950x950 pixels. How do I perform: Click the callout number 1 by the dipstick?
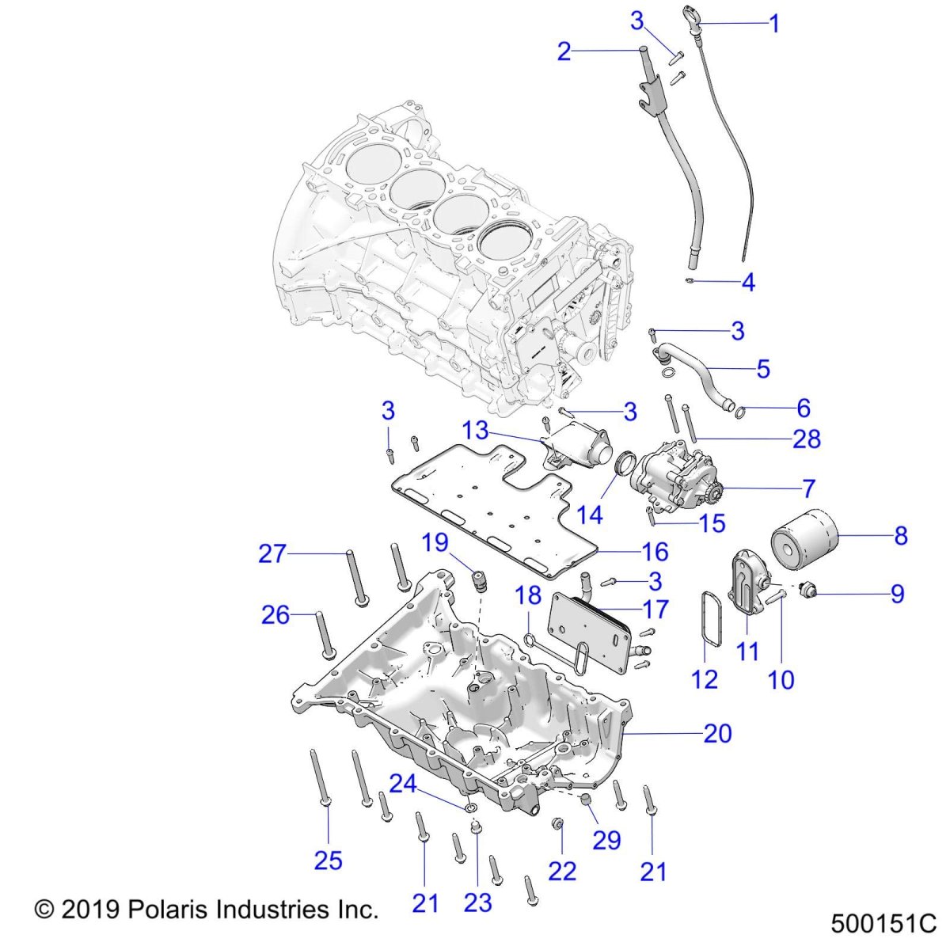tap(774, 24)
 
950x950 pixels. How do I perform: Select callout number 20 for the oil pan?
tap(717, 734)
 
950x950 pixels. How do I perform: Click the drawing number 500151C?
tap(883, 924)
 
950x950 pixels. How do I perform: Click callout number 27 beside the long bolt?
tap(272, 553)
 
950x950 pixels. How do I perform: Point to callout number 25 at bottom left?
tap(328, 860)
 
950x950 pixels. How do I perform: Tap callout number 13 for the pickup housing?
tap(476, 431)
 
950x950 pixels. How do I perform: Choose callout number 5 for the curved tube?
tap(763, 369)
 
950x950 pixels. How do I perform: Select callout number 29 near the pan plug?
tap(606, 840)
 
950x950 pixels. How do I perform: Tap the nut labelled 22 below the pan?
tap(557, 826)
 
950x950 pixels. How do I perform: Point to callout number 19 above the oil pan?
tap(435, 542)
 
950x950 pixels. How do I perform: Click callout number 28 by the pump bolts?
tap(807, 439)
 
